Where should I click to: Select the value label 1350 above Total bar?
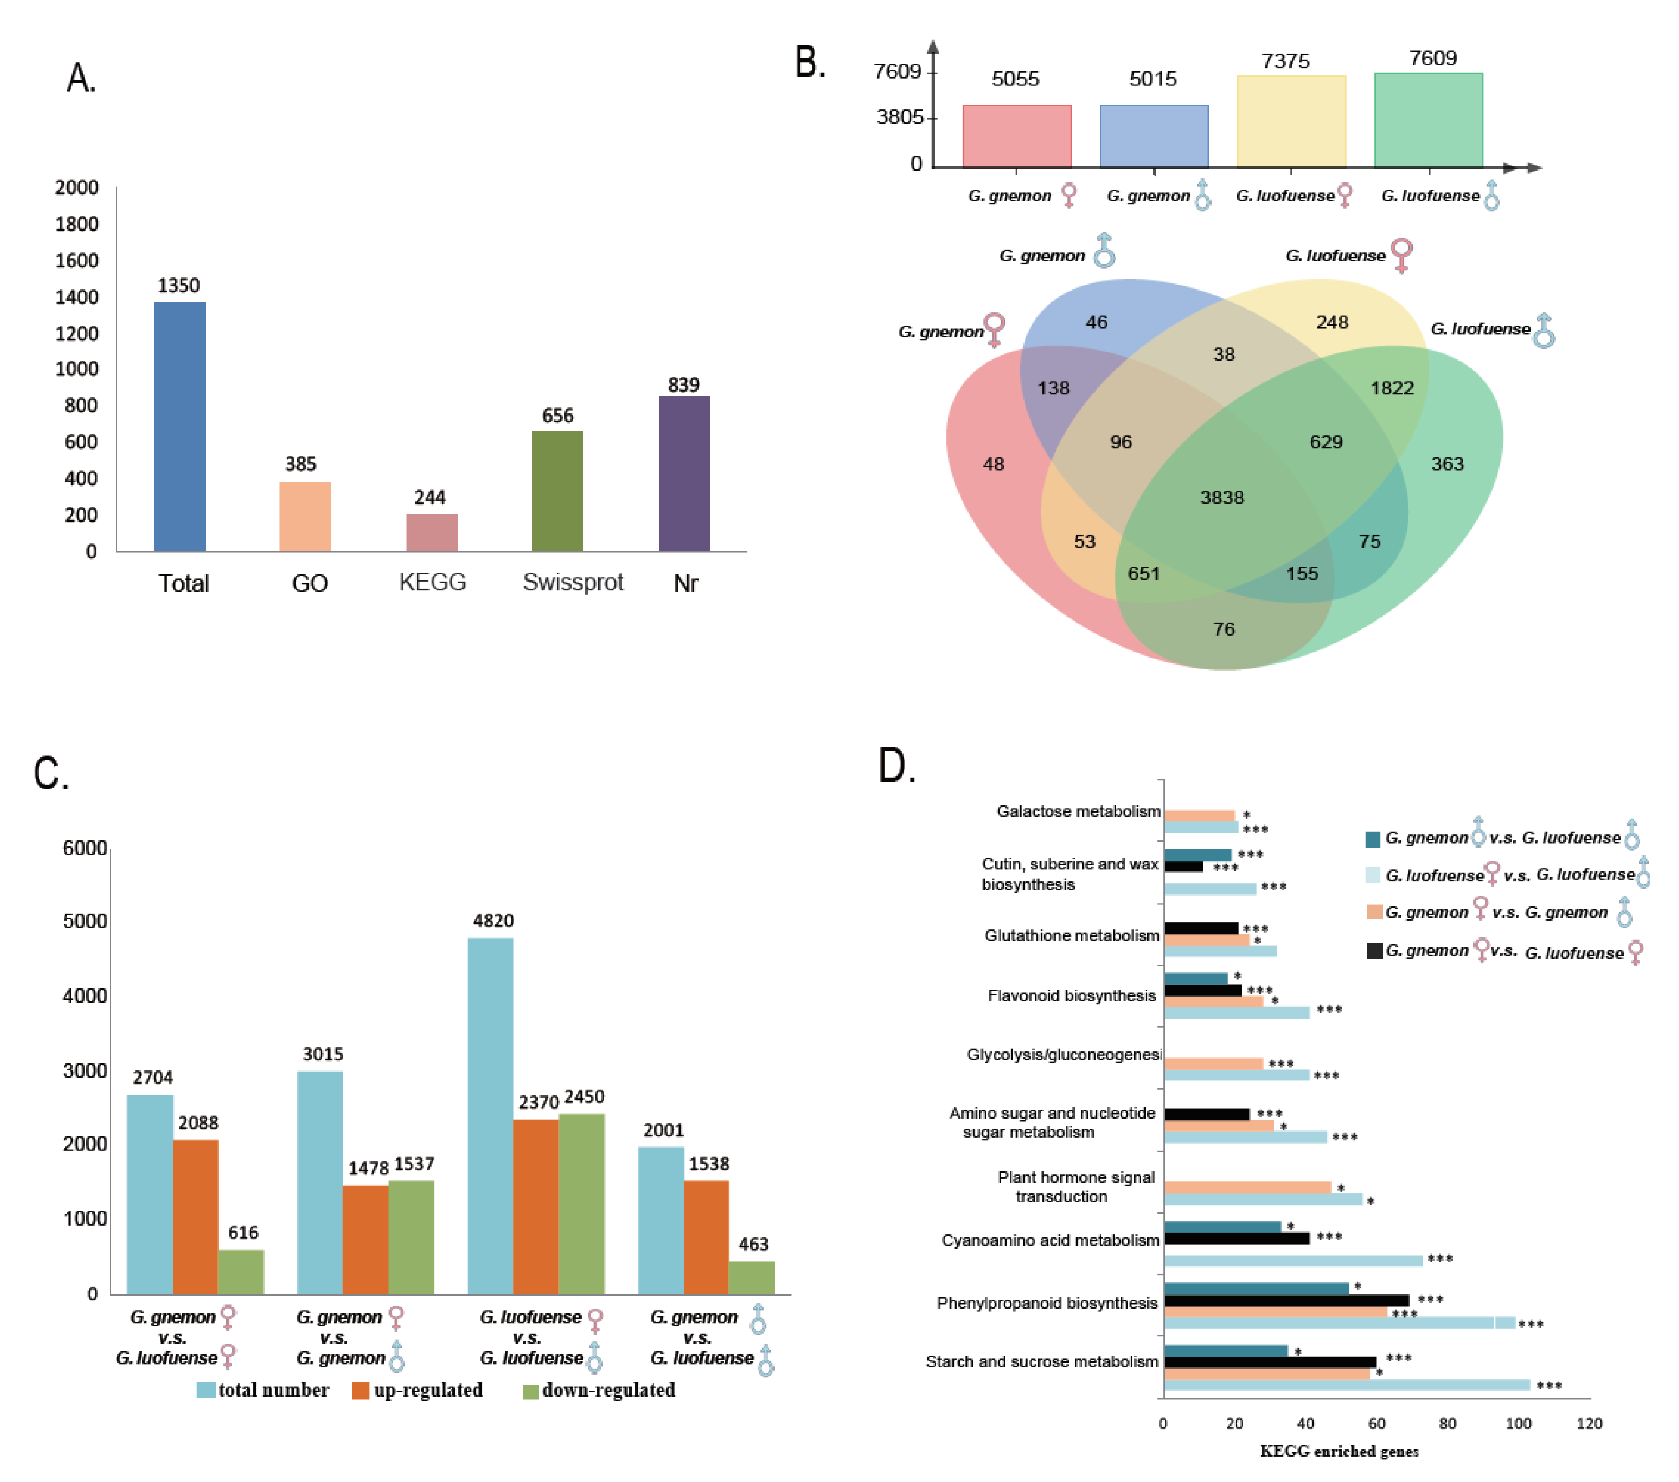[x=178, y=285]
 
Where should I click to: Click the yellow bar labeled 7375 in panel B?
[x=1291, y=121]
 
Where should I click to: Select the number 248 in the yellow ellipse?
[x=1332, y=322]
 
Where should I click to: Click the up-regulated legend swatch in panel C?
[x=360, y=1390]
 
